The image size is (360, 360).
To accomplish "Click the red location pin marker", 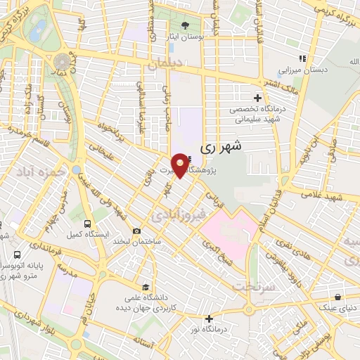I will point(181,164).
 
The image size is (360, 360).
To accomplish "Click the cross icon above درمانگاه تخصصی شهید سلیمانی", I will point(257,98).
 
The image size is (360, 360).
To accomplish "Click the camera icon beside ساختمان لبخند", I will point(136,231).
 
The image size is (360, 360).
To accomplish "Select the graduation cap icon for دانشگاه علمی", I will point(145,287).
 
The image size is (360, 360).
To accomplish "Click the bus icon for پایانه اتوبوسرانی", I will point(15,255).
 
